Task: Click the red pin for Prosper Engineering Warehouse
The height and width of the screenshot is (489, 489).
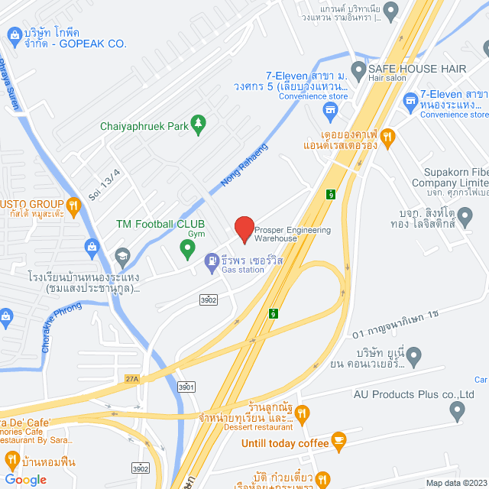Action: [244, 228]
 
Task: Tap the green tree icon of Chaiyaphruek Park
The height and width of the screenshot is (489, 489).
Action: [198, 125]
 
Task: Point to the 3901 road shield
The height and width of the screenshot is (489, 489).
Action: [186, 388]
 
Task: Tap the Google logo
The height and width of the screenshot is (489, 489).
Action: [25, 479]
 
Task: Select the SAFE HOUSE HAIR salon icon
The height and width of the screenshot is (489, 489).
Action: [358, 69]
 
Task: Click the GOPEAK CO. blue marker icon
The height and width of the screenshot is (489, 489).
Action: [14, 34]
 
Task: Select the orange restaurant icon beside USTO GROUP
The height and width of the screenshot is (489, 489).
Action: [73, 205]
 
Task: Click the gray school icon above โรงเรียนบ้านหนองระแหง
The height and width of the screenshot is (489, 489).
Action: [121, 255]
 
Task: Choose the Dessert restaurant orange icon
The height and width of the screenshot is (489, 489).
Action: [302, 413]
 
